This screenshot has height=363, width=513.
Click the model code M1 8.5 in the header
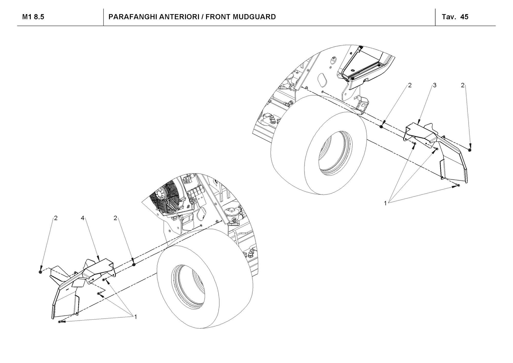(33, 17)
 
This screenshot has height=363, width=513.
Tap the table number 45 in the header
(464, 17)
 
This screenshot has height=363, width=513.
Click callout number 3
(435, 85)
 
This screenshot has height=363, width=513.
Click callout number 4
(82, 218)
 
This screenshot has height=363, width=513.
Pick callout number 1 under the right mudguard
(385, 203)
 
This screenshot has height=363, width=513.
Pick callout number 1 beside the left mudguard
(135, 317)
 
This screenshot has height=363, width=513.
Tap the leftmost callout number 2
(56, 218)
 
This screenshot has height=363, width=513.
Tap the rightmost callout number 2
(462, 85)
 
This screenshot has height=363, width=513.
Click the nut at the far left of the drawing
(41, 272)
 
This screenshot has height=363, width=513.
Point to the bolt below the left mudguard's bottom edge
(60, 322)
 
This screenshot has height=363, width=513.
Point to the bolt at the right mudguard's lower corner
(459, 185)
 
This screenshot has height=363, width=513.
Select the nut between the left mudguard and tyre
(133, 265)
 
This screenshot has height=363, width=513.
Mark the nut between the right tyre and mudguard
(381, 126)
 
